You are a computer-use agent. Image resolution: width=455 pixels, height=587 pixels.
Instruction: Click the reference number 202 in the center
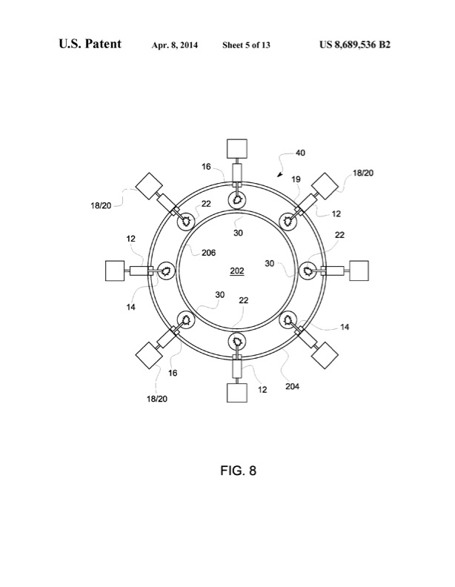(x=237, y=271)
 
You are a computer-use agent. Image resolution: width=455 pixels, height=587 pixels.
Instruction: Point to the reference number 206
(x=208, y=252)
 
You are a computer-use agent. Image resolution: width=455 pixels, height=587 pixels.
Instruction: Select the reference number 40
(x=300, y=153)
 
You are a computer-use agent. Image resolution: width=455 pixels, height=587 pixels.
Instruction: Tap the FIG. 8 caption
(x=237, y=470)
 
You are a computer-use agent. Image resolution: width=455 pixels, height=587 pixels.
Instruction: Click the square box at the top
(x=237, y=150)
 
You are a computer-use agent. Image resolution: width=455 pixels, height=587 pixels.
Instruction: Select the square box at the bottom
(x=237, y=391)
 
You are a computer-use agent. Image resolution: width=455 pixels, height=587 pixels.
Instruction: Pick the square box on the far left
(x=116, y=271)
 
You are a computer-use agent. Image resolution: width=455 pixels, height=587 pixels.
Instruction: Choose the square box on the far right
(x=358, y=271)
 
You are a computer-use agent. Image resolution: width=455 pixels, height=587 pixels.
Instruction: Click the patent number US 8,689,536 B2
(x=355, y=45)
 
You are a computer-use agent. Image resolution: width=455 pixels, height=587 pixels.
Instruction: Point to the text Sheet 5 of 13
(x=246, y=45)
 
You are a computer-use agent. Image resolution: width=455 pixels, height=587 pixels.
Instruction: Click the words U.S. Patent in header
(x=90, y=44)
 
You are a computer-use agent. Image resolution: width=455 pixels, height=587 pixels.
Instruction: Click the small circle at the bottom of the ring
(x=237, y=342)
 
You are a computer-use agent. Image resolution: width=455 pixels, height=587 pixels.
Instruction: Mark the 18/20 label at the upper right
(x=364, y=172)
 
